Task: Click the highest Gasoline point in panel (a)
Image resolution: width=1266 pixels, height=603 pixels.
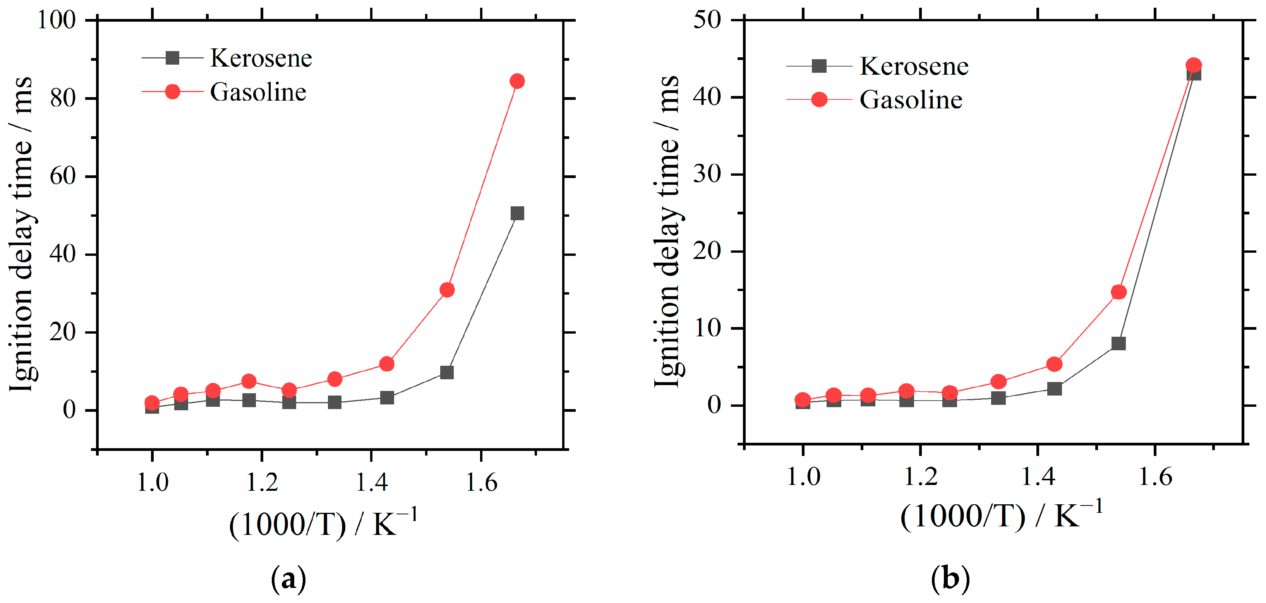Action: (516, 81)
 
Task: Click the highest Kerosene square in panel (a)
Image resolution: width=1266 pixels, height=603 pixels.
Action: (517, 213)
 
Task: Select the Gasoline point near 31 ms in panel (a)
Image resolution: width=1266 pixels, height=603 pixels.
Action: (447, 290)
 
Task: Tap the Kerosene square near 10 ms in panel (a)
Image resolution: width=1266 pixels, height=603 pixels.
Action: (447, 372)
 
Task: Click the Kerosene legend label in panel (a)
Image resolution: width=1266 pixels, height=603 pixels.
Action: (261, 58)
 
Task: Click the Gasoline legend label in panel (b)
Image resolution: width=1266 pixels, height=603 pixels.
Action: (911, 100)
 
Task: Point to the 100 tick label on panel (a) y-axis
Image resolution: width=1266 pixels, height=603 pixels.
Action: (57, 20)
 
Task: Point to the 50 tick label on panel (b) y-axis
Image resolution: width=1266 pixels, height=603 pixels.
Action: (707, 20)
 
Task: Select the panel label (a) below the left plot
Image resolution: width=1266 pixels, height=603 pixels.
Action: (288, 579)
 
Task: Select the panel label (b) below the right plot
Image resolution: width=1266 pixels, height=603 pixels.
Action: (950, 579)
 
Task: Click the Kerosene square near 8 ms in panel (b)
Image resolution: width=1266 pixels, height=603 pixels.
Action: (1118, 343)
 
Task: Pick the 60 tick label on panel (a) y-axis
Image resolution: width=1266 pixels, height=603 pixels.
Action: (62, 176)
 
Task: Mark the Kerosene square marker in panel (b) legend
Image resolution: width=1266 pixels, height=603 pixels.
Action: (819, 66)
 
